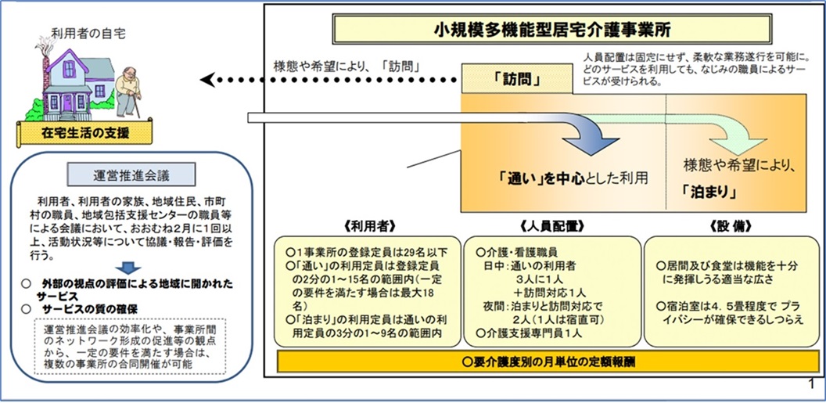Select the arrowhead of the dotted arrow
coord(206,80)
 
